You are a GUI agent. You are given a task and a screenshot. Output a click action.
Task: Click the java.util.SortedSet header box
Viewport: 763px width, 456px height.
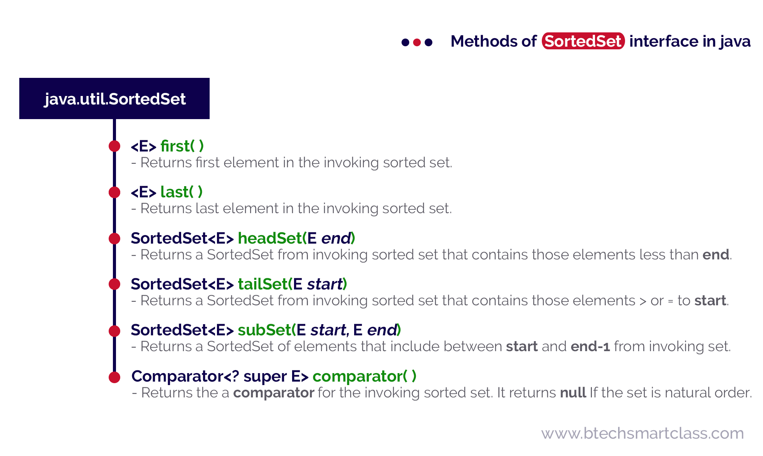click(x=114, y=99)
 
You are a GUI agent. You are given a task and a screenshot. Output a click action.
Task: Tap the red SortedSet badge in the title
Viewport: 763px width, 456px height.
click(x=583, y=41)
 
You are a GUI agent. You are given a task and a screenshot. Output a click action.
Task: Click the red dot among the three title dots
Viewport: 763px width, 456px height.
click(x=417, y=42)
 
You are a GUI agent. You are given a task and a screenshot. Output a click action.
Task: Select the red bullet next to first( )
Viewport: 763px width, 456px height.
click(x=114, y=146)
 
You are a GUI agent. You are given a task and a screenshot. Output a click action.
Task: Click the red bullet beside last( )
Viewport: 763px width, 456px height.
click(x=114, y=192)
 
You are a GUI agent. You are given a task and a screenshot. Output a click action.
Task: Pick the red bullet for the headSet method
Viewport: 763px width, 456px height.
click(x=114, y=238)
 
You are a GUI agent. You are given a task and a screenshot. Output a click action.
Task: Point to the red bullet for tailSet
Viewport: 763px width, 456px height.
click(x=114, y=284)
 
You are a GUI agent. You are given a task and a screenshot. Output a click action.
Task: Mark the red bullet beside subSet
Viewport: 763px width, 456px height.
click(x=114, y=330)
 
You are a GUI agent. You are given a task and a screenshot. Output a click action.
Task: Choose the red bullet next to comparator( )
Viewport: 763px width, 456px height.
click(x=114, y=377)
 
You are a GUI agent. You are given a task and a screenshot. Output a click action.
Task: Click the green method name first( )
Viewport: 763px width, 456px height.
click(x=182, y=146)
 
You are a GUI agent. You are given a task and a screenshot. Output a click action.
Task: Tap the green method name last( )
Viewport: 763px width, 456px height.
click(x=181, y=192)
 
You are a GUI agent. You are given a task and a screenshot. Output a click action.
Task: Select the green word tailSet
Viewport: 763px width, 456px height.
click(x=263, y=284)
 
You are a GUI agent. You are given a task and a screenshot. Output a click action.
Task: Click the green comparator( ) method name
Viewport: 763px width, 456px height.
click(x=364, y=376)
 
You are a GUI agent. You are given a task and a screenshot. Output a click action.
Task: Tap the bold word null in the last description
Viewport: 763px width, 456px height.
click(x=573, y=393)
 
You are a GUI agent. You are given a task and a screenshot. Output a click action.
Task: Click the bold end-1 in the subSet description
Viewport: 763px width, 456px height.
click(x=590, y=347)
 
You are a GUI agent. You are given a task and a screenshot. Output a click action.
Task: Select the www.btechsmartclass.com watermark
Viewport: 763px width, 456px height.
click(x=642, y=433)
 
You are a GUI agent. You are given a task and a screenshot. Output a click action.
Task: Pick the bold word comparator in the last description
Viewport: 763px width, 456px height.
click(x=274, y=393)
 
